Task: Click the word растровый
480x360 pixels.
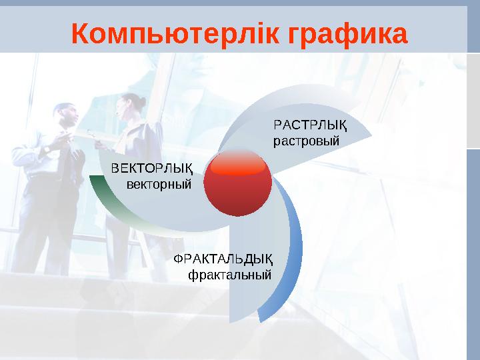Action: pyautogui.click(x=307, y=141)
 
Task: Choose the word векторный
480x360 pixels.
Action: pyautogui.click(x=159, y=183)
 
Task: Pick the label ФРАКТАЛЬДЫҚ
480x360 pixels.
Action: pyautogui.click(x=223, y=259)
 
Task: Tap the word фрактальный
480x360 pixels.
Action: pyautogui.click(x=230, y=274)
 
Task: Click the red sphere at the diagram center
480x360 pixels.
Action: pyautogui.click(x=237, y=187)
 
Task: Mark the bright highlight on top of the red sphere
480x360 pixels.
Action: pyautogui.click(x=237, y=167)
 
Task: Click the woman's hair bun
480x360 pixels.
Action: pyautogui.click(x=142, y=99)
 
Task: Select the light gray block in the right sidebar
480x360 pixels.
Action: pyautogui.click(x=473, y=100)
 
